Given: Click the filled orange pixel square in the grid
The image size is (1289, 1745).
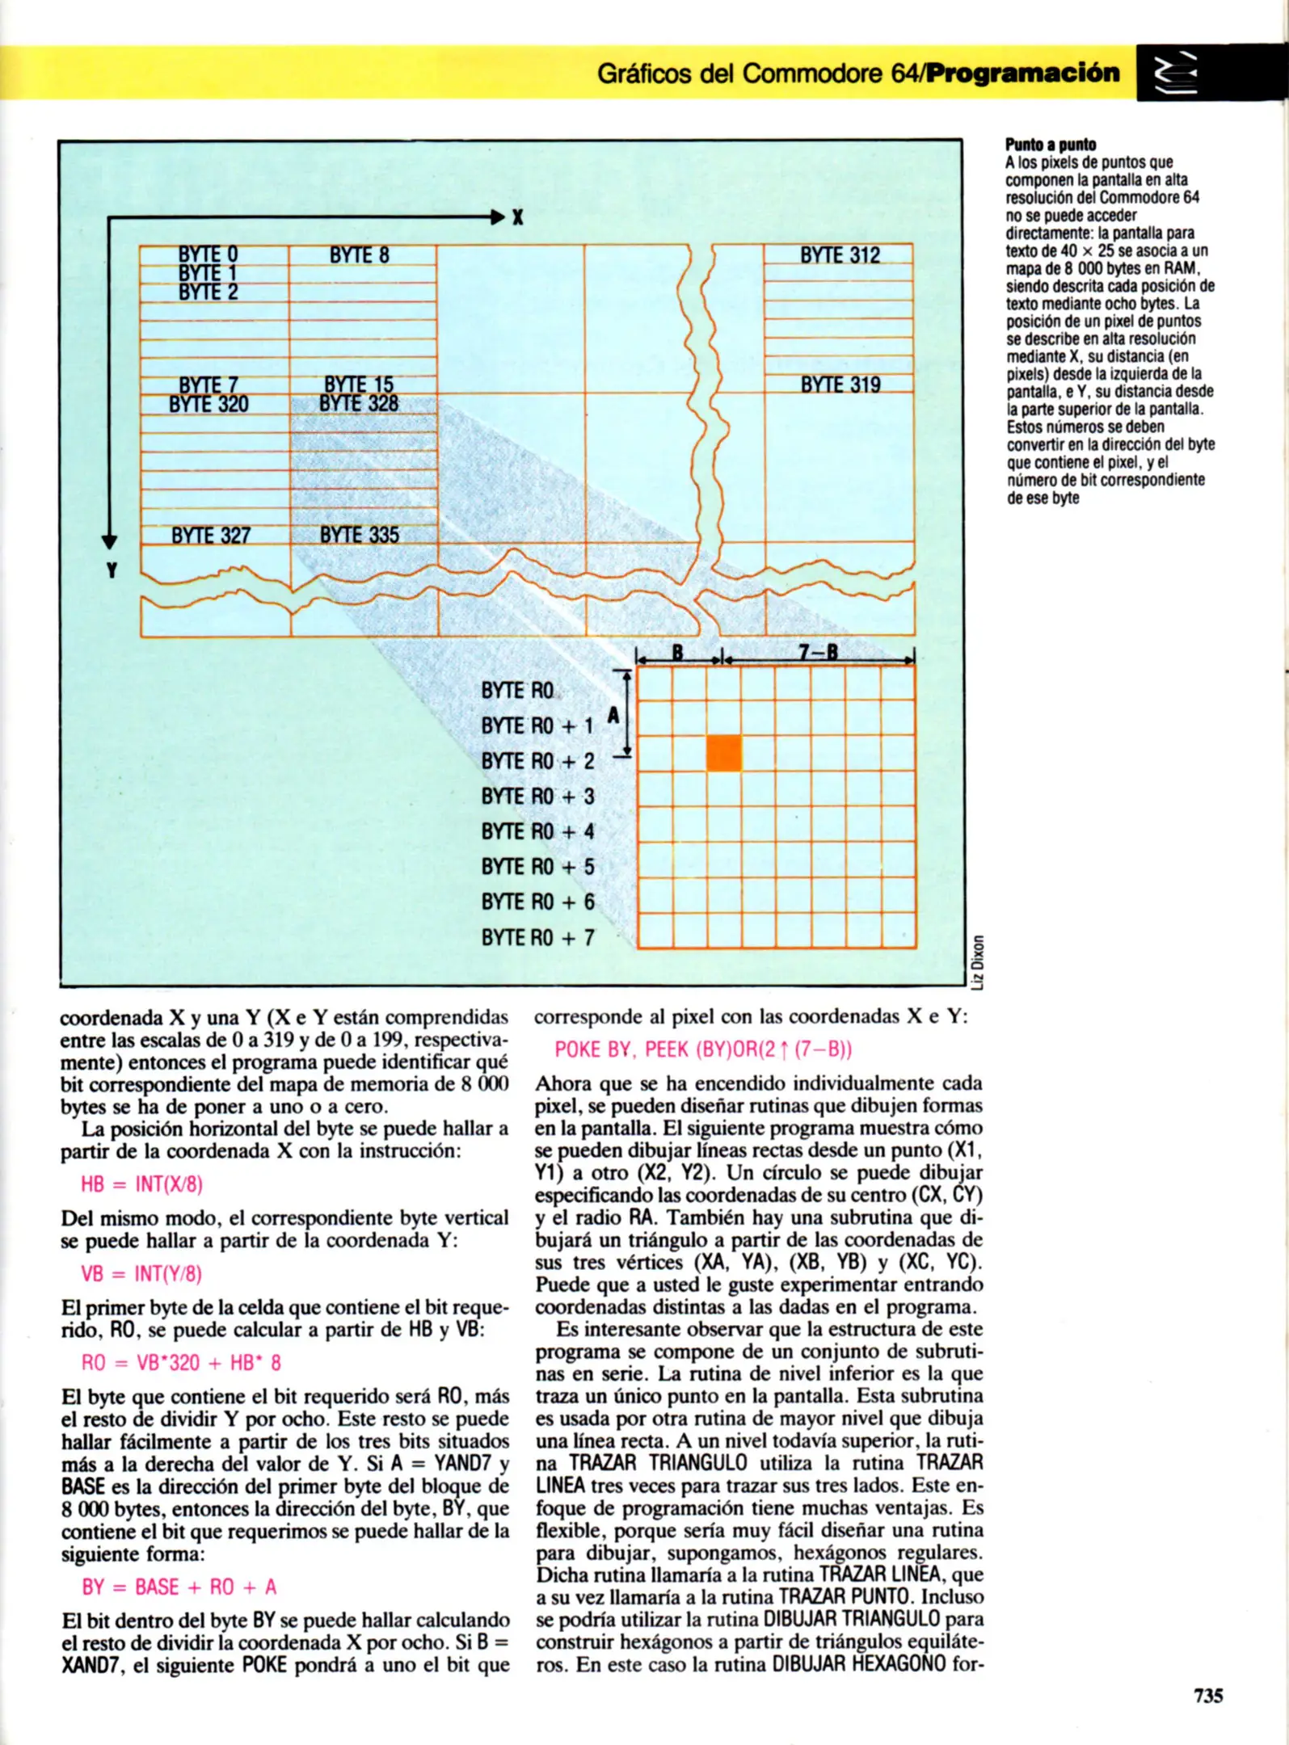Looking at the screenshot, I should coord(723,753).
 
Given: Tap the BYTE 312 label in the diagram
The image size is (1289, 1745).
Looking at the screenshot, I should coord(840,255).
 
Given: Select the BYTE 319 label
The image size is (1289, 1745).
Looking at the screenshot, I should coord(840,385).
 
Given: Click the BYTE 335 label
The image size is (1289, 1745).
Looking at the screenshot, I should coord(360,535).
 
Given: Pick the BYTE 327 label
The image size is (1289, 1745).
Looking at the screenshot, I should coord(211,536).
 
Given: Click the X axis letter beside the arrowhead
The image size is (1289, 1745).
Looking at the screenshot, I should coord(517,217).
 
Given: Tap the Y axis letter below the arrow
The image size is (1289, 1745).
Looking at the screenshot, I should coord(112,570).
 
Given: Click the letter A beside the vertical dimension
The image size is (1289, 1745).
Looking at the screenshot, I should coord(613,715).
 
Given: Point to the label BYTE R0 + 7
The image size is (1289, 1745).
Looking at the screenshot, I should coord(537,937).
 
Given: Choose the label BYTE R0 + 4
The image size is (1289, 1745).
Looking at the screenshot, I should coord(537,831).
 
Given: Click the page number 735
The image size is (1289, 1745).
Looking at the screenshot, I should coord(1208,1695).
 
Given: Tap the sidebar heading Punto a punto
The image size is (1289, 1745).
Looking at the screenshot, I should coord(1051,145).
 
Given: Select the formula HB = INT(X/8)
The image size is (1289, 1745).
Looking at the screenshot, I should coord(141,1184).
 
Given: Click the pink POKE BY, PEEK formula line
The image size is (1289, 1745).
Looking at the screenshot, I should coord(703,1049).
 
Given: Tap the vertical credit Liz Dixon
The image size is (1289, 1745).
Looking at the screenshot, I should coord(978,961).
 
